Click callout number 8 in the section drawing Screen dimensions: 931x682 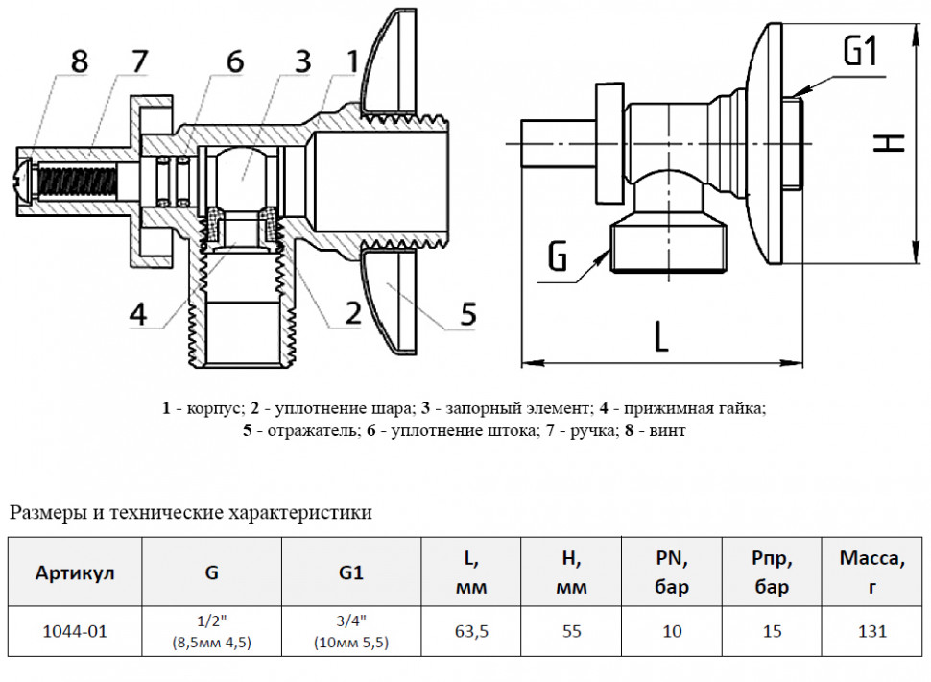point(80,61)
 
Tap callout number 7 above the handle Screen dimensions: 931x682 point(139,61)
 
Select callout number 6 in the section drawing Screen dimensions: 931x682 point(234,61)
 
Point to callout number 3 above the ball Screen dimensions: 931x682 point(302,61)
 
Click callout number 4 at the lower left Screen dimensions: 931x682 point(138,314)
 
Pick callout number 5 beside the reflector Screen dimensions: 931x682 point(468,313)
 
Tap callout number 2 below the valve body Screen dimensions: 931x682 point(352,312)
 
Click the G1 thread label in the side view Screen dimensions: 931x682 point(860,51)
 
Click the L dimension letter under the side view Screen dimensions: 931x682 point(661,336)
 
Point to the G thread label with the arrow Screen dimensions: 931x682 point(557,257)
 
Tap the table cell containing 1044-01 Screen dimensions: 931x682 point(75,631)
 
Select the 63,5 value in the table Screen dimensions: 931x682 point(471,631)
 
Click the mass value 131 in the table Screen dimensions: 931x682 point(872,631)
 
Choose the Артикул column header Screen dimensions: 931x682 point(75,572)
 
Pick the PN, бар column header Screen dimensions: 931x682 point(672,572)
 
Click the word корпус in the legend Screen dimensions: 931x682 point(214,409)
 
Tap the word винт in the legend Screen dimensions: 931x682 point(668,430)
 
